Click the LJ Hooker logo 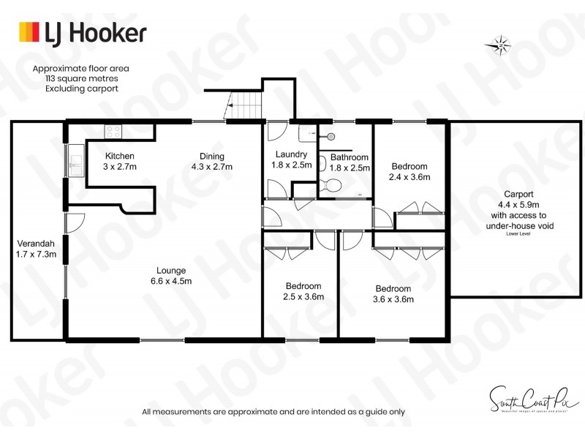pyautogui.click(x=82, y=32)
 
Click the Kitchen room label pyautogui.click(x=119, y=156)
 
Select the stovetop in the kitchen pyautogui.click(x=113, y=132)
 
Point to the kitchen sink pyautogui.click(x=75, y=162)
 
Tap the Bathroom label pyautogui.click(x=349, y=157)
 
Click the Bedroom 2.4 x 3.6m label pyautogui.click(x=409, y=171)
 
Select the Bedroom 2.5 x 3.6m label pyautogui.click(x=303, y=290)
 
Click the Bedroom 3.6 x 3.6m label pyautogui.click(x=394, y=293)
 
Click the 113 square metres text pyautogui.click(x=76, y=78)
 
